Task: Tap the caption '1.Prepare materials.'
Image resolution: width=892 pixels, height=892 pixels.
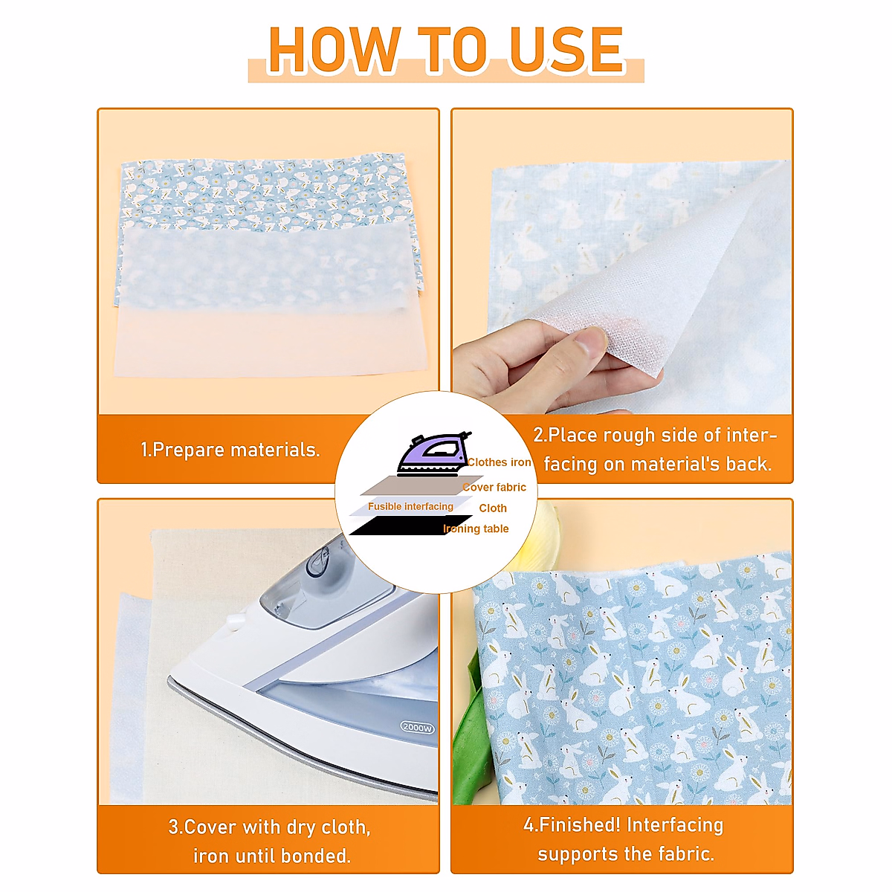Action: (x=230, y=450)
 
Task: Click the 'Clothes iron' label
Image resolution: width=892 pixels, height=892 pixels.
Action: (x=500, y=462)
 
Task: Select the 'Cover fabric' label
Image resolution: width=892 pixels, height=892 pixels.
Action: (x=494, y=488)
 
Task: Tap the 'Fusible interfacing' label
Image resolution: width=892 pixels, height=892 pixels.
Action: (x=410, y=506)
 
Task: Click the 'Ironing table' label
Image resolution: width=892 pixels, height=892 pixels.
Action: (x=476, y=529)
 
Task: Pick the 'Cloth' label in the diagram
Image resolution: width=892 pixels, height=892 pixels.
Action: (x=493, y=508)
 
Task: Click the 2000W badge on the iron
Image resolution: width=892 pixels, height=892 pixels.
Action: (x=417, y=728)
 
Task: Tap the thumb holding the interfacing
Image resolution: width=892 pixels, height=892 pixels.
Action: (x=587, y=344)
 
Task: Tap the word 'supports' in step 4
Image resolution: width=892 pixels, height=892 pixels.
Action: (x=572, y=854)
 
